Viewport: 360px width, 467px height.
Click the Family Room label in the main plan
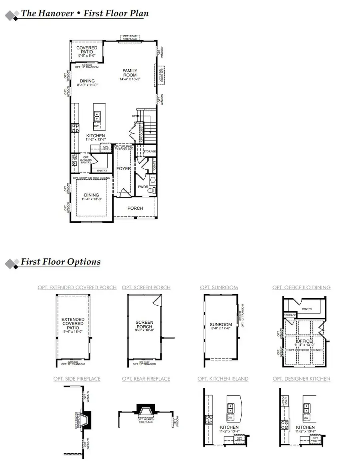[x=130, y=73]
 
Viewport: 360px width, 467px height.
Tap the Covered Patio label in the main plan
[x=87, y=50]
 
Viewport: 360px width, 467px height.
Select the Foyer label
[x=124, y=168]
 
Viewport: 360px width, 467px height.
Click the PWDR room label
[x=143, y=186]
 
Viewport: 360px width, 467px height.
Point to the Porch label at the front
[x=135, y=208]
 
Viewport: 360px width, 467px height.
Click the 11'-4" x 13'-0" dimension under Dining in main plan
[x=92, y=199]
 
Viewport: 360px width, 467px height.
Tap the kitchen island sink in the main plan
[x=97, y=116]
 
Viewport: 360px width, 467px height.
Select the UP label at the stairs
[x=134, y=116]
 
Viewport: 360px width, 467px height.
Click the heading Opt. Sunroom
[x=219, y=287]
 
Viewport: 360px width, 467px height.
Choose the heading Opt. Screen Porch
[x=146, y=287]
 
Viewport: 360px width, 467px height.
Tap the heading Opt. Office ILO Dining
[x=301, y=287]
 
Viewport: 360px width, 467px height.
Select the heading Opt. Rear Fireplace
[x=146, y=379]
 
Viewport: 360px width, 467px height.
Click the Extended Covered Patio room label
[x=73, y=323]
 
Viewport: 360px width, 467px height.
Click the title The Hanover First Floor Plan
[x=84, y=13]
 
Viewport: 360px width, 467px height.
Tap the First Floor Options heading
[x=60, y=262]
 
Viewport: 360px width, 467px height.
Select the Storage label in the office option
[x=290, y=315]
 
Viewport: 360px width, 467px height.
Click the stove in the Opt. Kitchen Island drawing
[x=208, y=420]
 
